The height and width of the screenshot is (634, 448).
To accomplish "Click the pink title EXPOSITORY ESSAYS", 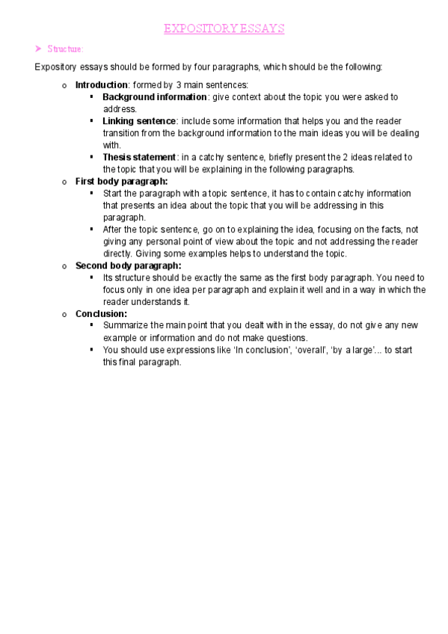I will click(224, 29).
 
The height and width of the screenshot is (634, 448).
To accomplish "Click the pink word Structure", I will click(66, 49).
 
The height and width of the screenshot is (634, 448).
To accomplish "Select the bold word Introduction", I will click(102, 85).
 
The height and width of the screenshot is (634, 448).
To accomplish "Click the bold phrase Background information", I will click(155, 97).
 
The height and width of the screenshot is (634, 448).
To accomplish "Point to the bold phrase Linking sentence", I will click(139, 121).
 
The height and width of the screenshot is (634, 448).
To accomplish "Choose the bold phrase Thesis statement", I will click(139, 157).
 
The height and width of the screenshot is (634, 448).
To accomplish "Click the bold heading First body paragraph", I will click(121, 181).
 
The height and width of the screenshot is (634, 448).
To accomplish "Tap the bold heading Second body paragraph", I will click(129, 265).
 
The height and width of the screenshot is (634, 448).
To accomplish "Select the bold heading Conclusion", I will click(101, 314).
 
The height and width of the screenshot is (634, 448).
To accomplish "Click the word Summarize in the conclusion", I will click(126, 326).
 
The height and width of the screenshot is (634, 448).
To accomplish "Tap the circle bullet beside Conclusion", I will click(66, 315).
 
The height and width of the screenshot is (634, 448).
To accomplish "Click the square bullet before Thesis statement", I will click(91, 157).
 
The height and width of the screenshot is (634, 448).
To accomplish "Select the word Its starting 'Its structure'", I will click(108, 277).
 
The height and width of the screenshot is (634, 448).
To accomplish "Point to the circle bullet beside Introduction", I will click(66, 86).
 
